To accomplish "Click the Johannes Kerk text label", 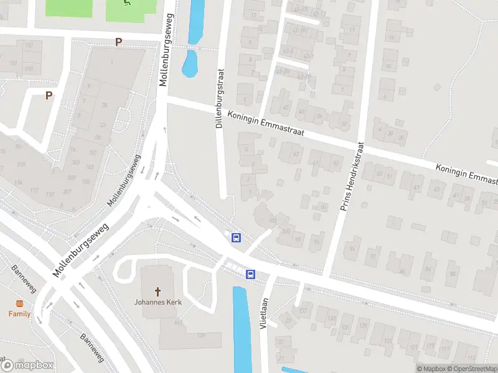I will click(x=157, y=303).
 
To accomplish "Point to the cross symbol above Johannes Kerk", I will click(x=157, y=291).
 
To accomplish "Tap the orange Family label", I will click(x=19, y=314).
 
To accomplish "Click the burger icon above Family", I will click(x=19, y=304).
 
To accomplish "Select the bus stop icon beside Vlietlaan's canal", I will click(x=250, y=274).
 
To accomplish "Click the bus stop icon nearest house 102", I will click(x=236, y=237).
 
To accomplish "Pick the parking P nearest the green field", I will click(x=118, y=42).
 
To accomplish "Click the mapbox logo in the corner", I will click(x=28, y=365).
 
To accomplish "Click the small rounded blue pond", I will click(x=190, y=63).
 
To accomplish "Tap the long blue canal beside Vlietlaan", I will click(x=242, y=329).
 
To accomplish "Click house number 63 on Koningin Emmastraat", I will click(x=295, y=154).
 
